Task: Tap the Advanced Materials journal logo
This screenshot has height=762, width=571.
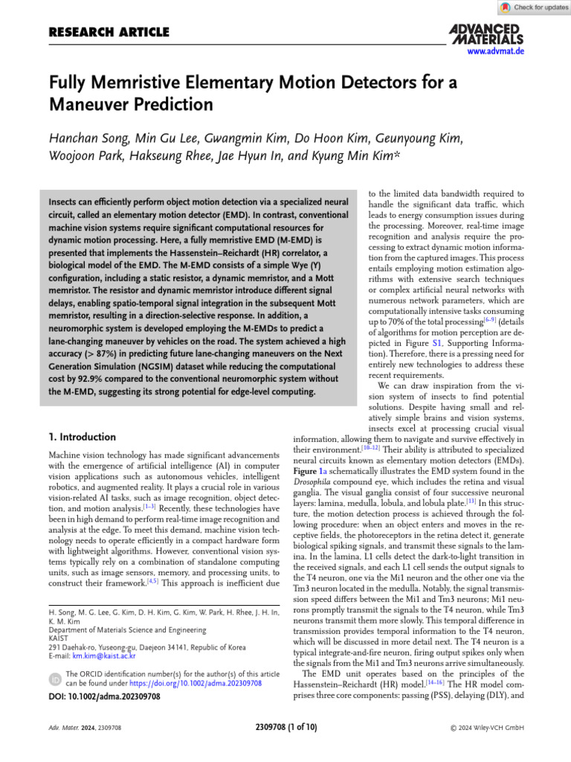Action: [486, 33]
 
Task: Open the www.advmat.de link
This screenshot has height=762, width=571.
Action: [496, 51]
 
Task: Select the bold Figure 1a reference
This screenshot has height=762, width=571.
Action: [310, 471]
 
